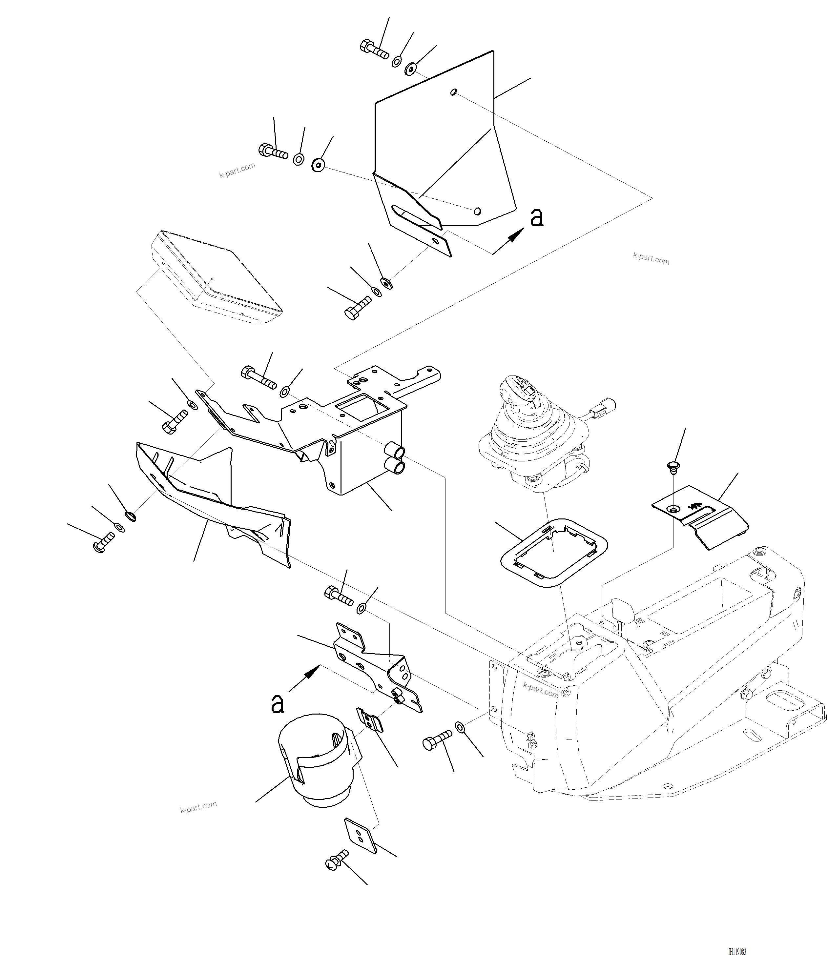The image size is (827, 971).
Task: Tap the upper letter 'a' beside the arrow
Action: coord(537,218)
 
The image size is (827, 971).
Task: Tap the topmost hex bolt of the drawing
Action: coord(374,49)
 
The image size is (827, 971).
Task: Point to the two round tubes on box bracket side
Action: coord(396,459)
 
